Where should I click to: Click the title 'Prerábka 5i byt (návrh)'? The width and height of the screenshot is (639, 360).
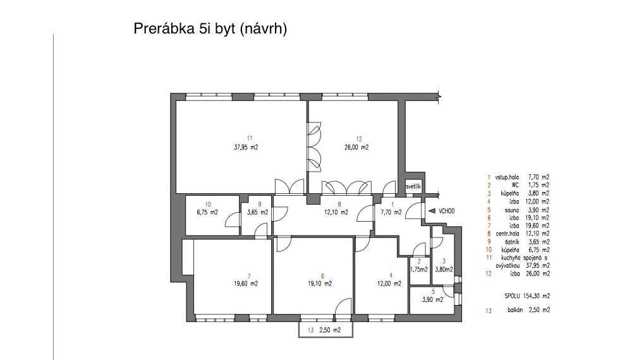pos(210,29)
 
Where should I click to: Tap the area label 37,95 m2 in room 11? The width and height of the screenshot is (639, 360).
pos(246,147)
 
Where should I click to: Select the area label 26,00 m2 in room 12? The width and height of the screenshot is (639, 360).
pos(356,147)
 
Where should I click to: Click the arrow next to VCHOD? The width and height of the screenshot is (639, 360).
pos(432,211)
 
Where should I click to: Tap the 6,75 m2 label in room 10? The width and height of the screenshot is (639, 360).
pos(207,212)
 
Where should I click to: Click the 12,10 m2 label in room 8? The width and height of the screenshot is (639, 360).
pos(336,212)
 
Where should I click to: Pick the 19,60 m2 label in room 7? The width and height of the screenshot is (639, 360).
pos(245,284)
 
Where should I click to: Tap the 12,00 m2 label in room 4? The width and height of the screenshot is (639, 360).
pos(389,284)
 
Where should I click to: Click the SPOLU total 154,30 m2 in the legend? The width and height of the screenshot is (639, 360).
pos(526,296)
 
